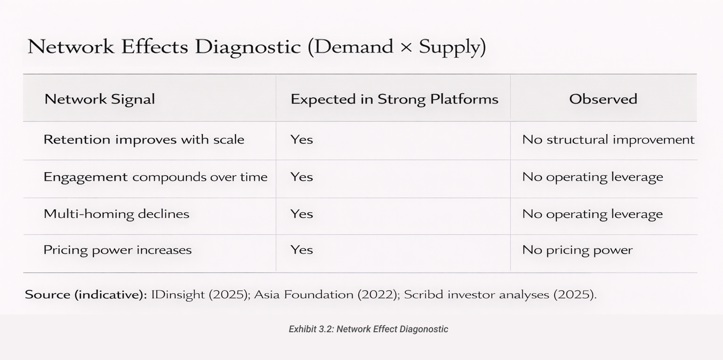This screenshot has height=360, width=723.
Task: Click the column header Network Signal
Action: coord(99,99)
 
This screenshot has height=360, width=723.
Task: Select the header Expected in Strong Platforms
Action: coord(394,99)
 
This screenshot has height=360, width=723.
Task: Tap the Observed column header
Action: coord(603,99)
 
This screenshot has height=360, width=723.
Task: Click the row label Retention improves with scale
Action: coord(144,140)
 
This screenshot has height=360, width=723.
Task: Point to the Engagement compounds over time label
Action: coord(155,177)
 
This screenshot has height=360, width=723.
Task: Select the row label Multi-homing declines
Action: coord(116,214)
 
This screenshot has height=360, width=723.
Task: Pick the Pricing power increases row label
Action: coord(117,250)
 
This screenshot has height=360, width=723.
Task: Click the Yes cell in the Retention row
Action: coord(301,140)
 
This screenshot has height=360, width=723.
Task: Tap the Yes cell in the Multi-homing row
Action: coord(301,214)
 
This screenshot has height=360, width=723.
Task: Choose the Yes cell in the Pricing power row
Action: coord(301,250)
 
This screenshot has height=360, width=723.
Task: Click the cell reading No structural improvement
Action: coord(608,140)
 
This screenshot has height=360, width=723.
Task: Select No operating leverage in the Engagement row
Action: coord(593,177)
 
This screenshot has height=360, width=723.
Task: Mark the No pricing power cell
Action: coord(577,250)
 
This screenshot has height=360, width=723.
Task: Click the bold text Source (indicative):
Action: coord(86,295)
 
